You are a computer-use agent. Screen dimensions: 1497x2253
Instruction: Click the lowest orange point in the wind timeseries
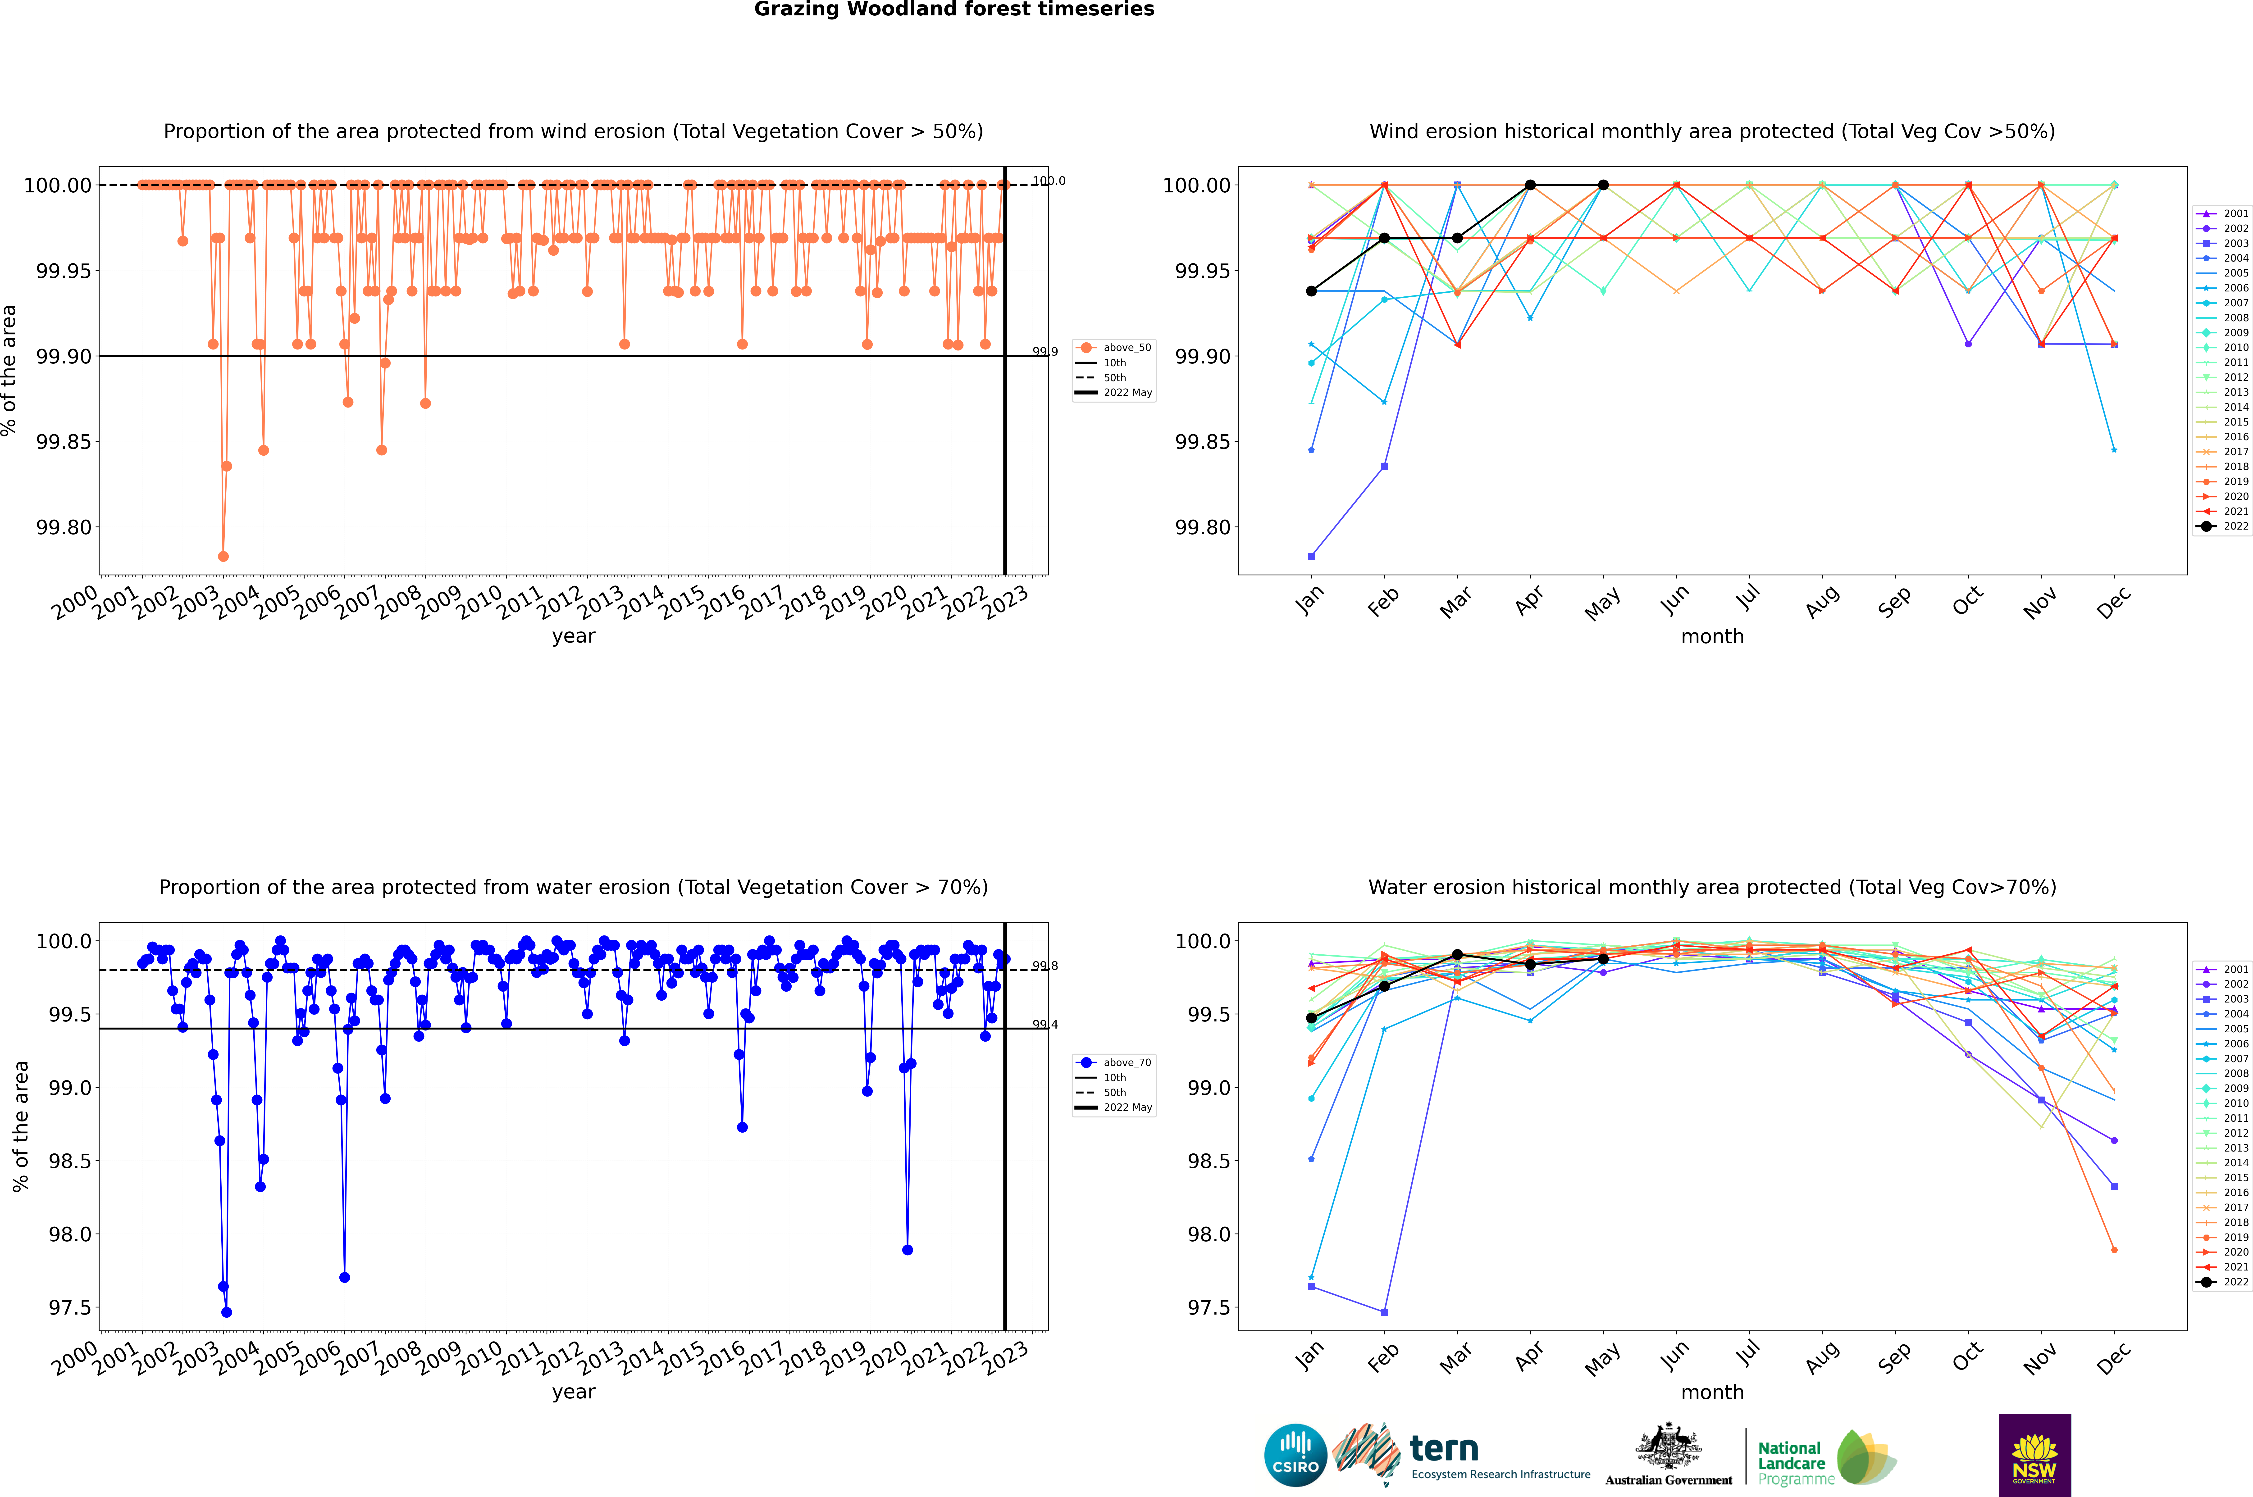point(223,557)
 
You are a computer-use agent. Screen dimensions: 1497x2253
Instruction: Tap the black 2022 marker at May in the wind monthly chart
point(1604,185)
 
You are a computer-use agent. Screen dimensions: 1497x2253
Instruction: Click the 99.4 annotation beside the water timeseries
point(1045,1024)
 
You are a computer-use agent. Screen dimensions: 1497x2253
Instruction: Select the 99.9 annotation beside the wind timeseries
point(1045,352)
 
